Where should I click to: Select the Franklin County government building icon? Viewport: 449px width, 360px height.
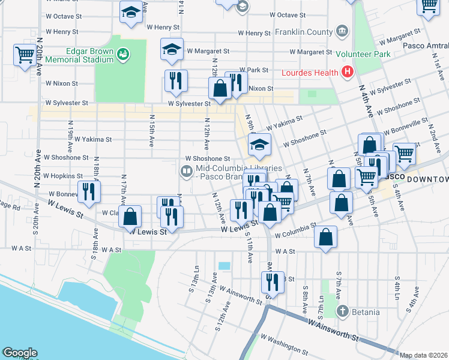click(x=342, y=31)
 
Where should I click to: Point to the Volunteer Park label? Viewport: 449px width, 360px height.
click(x=363, y=54)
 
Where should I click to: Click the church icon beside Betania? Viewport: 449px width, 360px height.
click(x=342, y=311)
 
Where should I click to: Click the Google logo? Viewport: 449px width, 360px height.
click(x=20, y=352)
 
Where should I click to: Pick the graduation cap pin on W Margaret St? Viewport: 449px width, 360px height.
click(x=172, y=50)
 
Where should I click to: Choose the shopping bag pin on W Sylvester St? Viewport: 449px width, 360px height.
click(x=220, y=89)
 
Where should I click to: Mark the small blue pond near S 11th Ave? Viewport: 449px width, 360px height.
click(x=224, y=266)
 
